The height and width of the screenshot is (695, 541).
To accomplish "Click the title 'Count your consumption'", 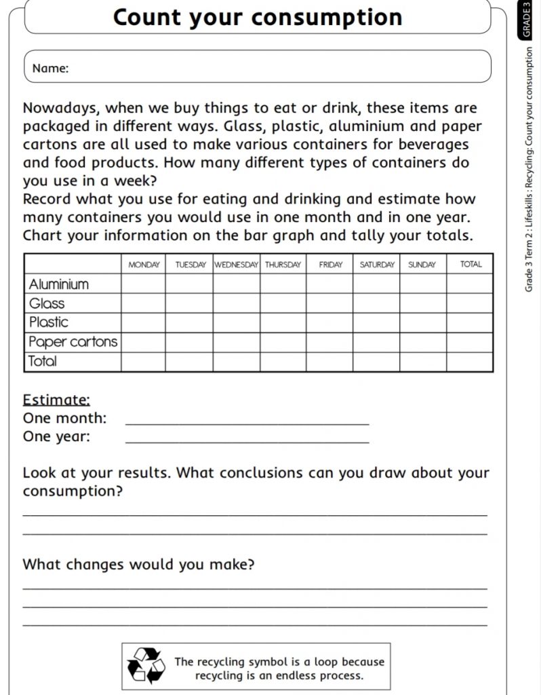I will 258,17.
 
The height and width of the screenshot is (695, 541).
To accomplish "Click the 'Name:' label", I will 50,68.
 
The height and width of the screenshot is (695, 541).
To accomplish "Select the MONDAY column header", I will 144,265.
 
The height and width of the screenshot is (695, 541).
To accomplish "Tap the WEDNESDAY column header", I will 237,265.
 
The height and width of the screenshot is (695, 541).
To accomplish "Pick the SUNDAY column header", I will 422,265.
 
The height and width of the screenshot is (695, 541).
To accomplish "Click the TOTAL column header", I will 470,265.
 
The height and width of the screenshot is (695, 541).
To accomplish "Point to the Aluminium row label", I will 59,284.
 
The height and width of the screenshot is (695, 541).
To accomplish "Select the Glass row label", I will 47,303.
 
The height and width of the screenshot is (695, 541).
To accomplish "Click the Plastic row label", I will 49,322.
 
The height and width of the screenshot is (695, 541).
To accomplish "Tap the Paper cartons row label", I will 73,342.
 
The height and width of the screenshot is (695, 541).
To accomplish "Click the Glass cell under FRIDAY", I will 330,303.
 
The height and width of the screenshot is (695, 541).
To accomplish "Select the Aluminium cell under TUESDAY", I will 190,284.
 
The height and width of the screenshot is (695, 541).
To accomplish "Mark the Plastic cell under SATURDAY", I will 376,322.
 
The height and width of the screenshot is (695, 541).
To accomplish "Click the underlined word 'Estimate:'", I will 56,400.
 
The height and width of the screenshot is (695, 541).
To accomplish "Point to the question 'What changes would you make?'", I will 138,564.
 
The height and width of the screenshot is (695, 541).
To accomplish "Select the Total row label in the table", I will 43,362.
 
